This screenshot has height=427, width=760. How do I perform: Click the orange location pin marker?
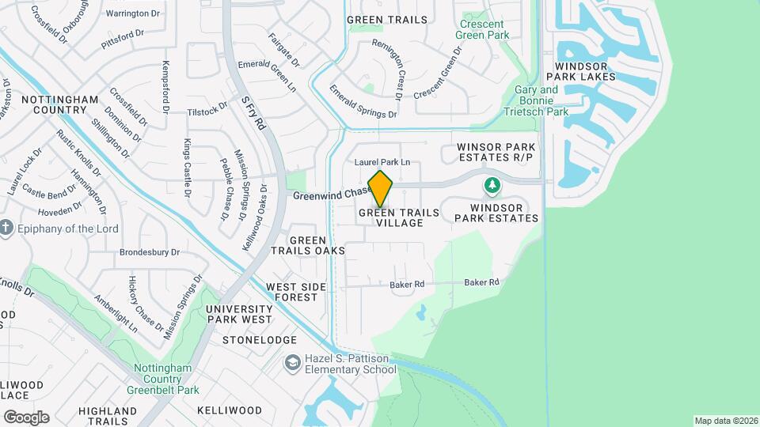[381, 188]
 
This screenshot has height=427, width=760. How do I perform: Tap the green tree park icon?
[492, 186]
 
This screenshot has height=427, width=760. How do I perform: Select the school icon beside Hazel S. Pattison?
[292, 363]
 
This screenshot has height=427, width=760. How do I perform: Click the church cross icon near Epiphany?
[6, 229]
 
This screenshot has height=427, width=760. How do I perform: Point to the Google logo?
[26, 417]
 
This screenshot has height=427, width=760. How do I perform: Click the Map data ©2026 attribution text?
[726, 421]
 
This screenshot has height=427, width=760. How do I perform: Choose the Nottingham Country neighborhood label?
[60, 105]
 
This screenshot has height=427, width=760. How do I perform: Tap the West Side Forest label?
[291, 292]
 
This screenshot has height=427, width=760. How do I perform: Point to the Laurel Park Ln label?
[382, 162]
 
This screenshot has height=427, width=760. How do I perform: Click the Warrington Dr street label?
[133, 14]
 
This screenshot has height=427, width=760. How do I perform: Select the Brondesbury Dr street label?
[150, 253]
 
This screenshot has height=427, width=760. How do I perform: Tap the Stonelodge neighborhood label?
[249, 340]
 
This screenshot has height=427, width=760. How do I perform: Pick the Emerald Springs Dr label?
[363, 102]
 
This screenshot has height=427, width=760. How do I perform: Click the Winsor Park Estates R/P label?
[496, 153]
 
